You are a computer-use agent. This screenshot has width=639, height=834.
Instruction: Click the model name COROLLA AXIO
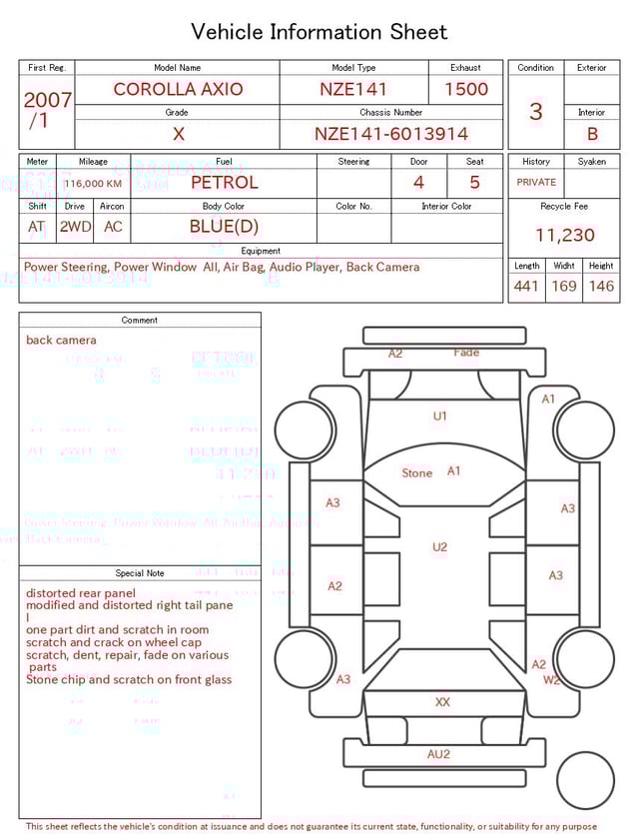[178, 89]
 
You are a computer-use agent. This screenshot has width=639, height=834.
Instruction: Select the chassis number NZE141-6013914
[391, 134]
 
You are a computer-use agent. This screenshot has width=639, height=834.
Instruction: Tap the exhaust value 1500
[466, 89]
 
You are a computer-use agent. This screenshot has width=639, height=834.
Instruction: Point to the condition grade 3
[535, 111]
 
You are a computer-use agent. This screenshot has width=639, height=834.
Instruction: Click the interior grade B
[592, 134]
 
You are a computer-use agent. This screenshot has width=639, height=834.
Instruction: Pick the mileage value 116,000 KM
[93, 184]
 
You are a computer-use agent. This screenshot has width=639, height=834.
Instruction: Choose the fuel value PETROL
[225, 182]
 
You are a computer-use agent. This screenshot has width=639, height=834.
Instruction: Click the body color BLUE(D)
[224, 227]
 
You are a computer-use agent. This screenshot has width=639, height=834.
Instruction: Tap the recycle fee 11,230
[564, 236]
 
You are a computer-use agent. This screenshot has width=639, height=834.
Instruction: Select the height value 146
[601, 287]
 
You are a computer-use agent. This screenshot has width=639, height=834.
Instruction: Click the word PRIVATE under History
[536, 183]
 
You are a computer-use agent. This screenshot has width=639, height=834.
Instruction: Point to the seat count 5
[475, 183]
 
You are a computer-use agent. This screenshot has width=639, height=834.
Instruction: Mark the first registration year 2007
[47, 100]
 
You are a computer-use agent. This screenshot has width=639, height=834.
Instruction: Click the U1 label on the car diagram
[440, 416]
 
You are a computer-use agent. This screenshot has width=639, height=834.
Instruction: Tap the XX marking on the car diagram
[442, 702]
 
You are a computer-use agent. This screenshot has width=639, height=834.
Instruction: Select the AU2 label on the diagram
[439, 754]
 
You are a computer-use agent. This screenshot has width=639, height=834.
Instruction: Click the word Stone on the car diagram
[417, 472]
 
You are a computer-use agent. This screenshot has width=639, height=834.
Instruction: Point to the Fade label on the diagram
[466, 353]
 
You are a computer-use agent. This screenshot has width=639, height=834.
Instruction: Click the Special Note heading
[140, 573]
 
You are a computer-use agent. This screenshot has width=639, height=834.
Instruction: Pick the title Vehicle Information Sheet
[319, 32]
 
